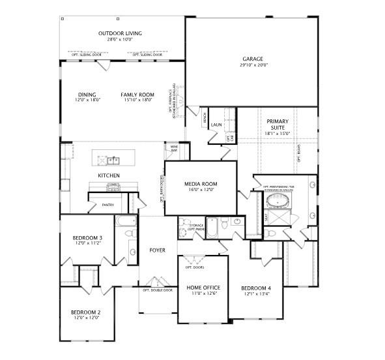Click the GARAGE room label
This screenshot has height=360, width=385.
[x=252, y=59]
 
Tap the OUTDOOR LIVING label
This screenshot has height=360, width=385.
[x=120, y=33]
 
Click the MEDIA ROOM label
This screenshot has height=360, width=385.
[x=201, y=185]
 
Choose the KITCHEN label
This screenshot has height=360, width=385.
[x=109, y=176]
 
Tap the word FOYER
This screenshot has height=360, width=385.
[x=157, y=250]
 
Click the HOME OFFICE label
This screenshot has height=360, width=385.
[x=203, y=288]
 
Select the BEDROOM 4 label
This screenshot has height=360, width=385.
[x=256, y=288]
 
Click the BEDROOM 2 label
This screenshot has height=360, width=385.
[x=85, y=312]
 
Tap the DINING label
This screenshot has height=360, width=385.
[x=87, y=95]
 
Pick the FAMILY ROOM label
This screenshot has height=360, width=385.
[x=136, y=95]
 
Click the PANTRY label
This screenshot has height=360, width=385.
[x=107, y=204]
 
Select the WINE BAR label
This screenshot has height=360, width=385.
[x=175, y=148]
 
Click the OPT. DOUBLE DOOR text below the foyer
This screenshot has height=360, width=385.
[x=158, y=290]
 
